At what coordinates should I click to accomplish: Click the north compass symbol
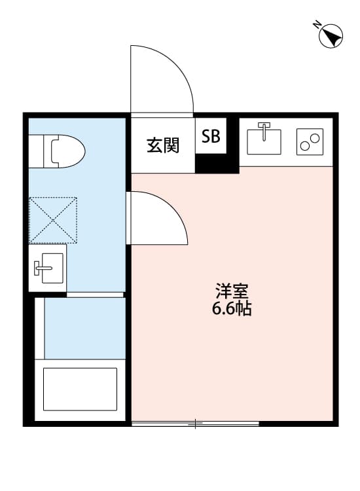(332, 35)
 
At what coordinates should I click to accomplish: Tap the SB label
(211, 136)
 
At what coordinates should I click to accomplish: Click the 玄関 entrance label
(162, 145)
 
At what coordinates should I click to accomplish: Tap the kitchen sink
(264, 140)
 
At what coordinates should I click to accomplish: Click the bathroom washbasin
(47, 267)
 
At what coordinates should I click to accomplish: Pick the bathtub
(80, 389)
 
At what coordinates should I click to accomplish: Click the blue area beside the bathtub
(83, 327)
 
